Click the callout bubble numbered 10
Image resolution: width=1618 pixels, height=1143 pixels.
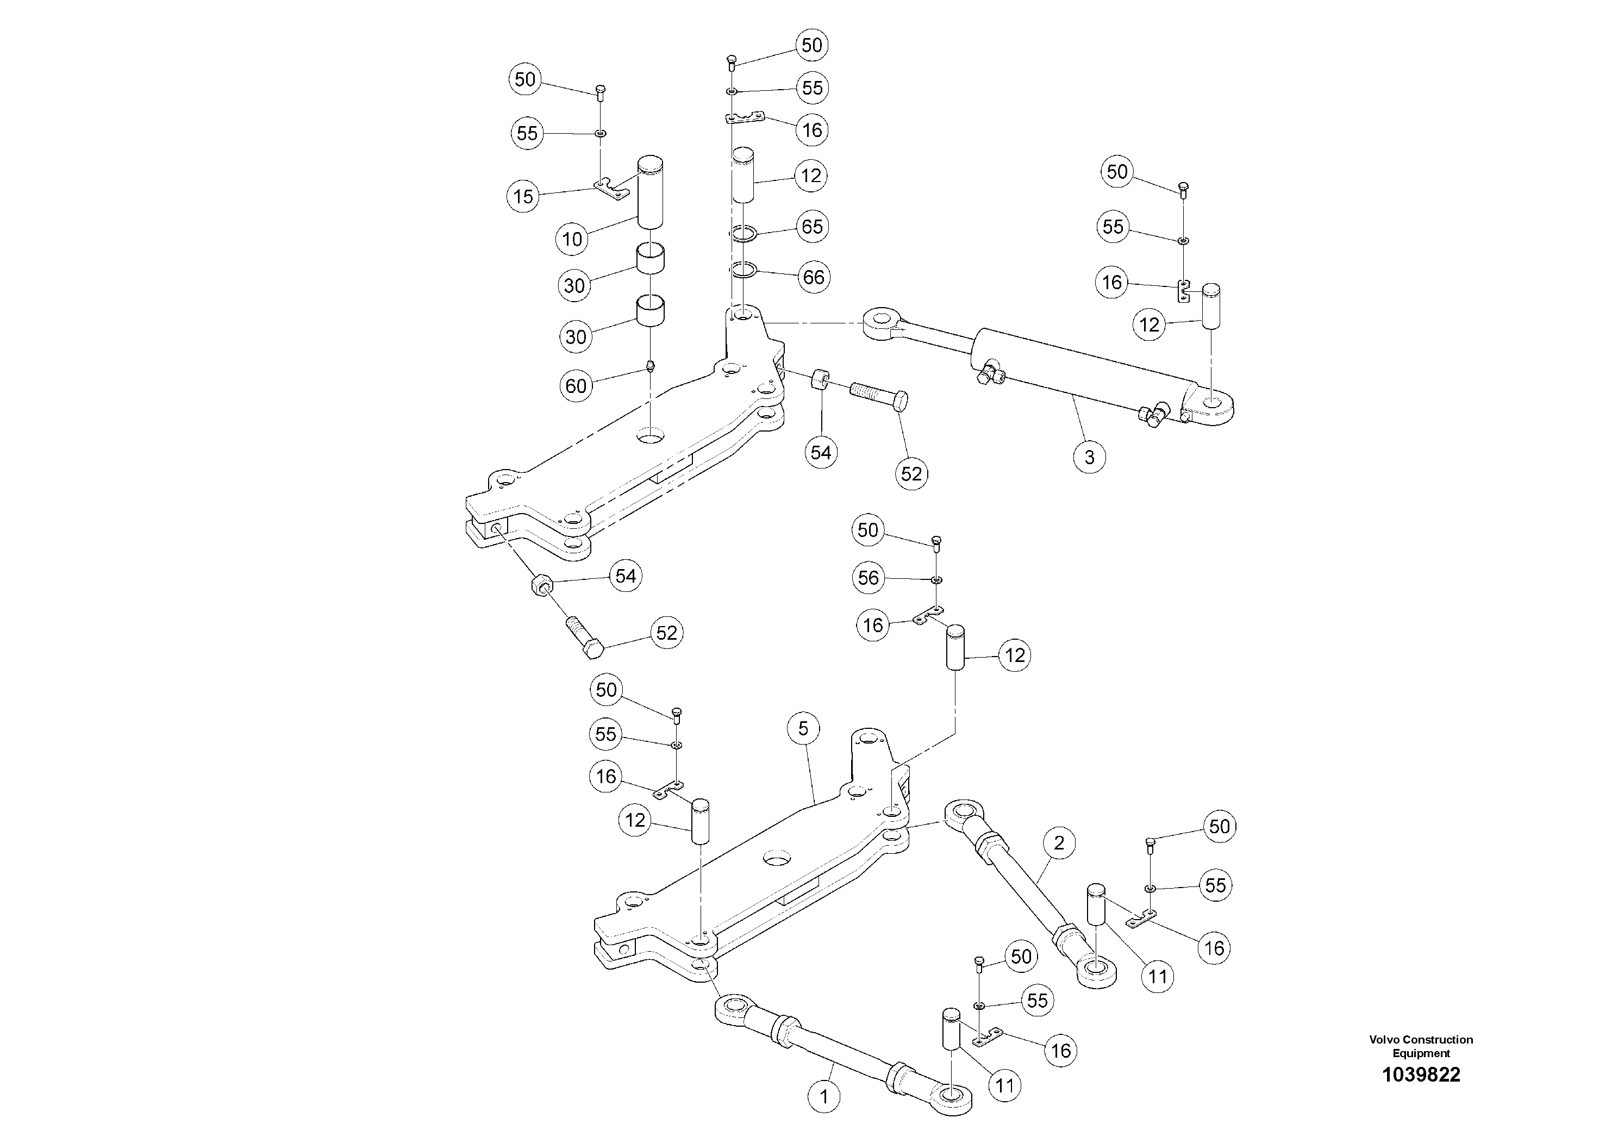(572, 239)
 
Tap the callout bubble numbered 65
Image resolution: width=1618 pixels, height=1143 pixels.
(812, 227)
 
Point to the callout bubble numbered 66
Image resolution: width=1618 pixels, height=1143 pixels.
(813, 277)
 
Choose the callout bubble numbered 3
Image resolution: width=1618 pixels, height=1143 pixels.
(1089, 457)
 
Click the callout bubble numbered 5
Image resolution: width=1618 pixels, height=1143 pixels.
(803, 728)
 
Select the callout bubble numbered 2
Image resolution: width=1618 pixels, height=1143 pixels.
(1058, 843)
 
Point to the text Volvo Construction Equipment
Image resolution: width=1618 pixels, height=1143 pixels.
(1421, 1046)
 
